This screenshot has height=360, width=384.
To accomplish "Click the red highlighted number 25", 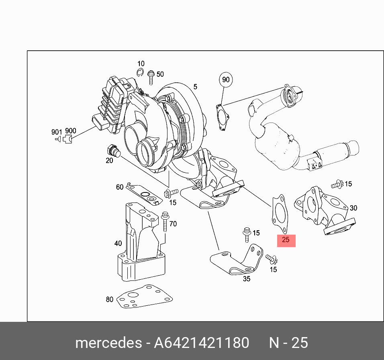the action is pyautogui.click(x=286, y=240).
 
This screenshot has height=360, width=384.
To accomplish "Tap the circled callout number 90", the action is pyautogui.click(x=226, y=80).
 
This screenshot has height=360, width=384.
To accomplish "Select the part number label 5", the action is pyautogui.click(x=195, y=87).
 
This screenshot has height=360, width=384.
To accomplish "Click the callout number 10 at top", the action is pyautogui.click(x=141, y=64).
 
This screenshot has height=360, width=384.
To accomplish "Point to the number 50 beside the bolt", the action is pyautogui.click(x=160, y=74).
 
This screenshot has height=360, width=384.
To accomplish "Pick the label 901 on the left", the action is pyautogui.click(x=57, y=132).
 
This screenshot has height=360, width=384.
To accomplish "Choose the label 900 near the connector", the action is pyautogui.click(x=71, y=131).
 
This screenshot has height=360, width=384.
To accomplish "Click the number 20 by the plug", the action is pyautogui.click(x=109, y=161).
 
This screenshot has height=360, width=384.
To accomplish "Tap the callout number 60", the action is pyautogui.click(x=120, y=187).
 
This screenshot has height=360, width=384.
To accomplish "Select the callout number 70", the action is pyautogui.click(x=173, y=224).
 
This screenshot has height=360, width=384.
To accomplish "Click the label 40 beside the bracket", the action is pyautogui.click(x=118, y=243).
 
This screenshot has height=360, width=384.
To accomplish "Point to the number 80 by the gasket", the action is pyautogui.click(x=109, y=299).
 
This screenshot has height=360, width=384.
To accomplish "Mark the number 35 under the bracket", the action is pyautogui.click(x=247, y=278).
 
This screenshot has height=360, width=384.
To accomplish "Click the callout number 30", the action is pyautogui.click(x=353, y=208).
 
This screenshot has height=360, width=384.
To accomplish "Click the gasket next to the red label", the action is pyautogui.click(x=278, y=213).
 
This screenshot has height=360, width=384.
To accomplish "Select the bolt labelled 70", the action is pyautogui.click(x=165, y=223).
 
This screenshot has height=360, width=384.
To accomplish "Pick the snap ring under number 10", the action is pyautogui.click(x=140, y=72).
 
